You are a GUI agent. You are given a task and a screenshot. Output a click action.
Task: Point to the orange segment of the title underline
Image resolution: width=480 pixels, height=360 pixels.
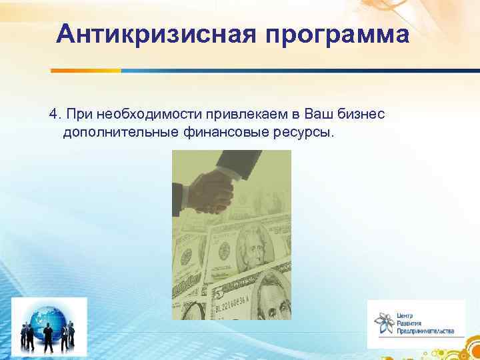point(86,70)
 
